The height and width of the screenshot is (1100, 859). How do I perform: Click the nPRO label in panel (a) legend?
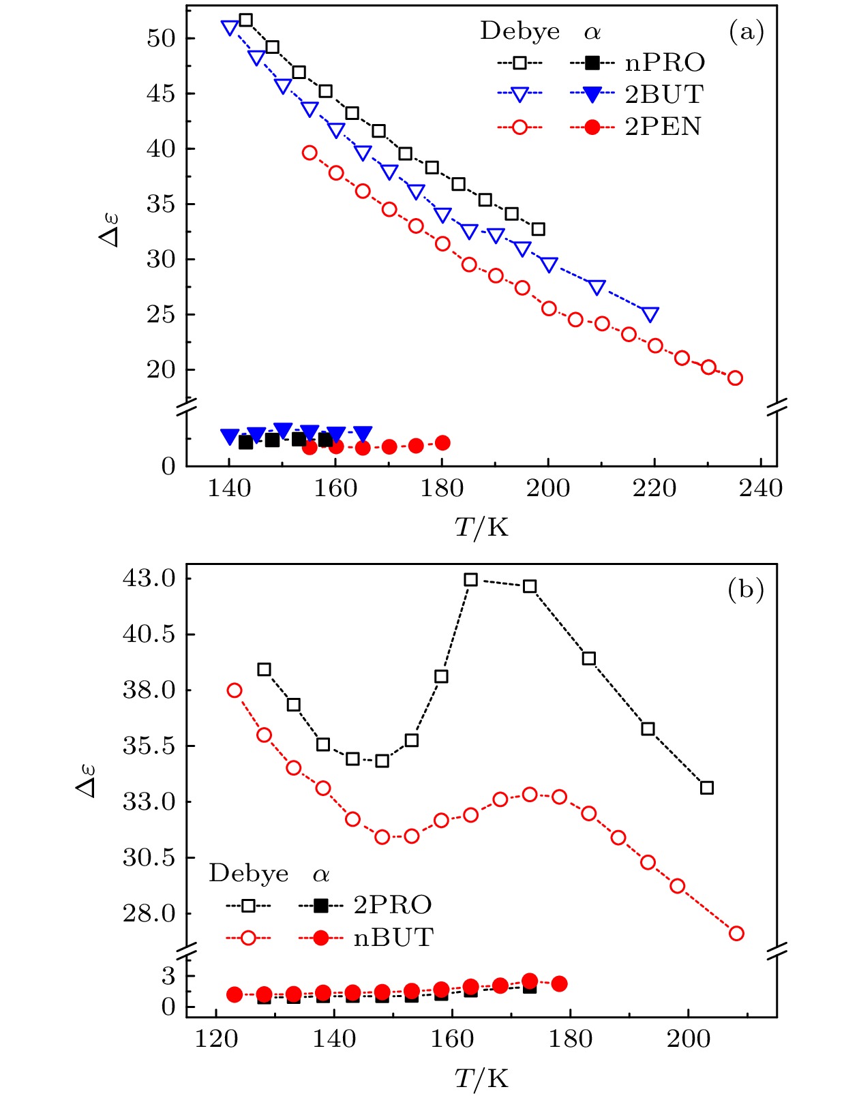click(x=665, y=63)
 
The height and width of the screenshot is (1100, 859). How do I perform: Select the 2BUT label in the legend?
click(x=664, y=95)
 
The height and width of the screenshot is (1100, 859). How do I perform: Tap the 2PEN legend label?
click(x=663, y=127)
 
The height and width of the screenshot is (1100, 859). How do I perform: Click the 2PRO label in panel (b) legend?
click(x=393, y=905)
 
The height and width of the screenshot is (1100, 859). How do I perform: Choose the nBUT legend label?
click(x=393, y=938)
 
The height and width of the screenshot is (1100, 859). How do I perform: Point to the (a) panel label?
click(x=746, y=32)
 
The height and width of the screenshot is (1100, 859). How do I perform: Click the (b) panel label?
click(x=745, y=589)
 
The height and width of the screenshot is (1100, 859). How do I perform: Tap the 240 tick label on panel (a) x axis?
click(x=761, y=488)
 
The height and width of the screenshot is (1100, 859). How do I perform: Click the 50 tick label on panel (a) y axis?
click(x=161, y=38)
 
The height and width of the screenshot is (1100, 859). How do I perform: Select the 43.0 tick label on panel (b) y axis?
click(x=149, y=579)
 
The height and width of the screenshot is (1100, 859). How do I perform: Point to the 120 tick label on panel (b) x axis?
click(x=216, y=1039)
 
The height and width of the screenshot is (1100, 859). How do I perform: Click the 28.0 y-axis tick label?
click(x=149, y=913)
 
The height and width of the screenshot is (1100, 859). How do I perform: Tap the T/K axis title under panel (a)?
click(x=481, y=527)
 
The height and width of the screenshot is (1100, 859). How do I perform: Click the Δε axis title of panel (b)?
click(x=86, y=781)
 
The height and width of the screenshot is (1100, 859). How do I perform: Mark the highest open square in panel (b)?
click(x=471, y=580)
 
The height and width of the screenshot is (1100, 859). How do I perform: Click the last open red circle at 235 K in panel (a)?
click(x=735, y=378)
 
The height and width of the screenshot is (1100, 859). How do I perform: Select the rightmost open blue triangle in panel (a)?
click(x=650, y=314)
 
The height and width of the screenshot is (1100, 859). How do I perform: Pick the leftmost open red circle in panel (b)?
click(x=235, y=690)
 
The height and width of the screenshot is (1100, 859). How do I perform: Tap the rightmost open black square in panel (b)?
click(x=707, y=788)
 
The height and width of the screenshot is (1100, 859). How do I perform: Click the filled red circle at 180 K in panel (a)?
click(x=442, y=443)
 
